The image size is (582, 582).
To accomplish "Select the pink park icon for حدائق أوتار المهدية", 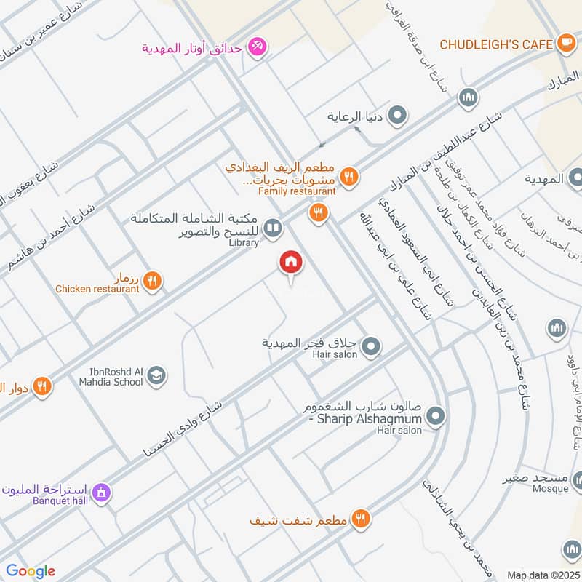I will [256, 49].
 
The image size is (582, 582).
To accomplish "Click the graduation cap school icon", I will [156, 376].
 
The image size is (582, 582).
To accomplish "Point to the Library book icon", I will [273, 230].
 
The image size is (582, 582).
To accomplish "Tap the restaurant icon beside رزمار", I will [152, 280].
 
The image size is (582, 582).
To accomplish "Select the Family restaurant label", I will [297, 191].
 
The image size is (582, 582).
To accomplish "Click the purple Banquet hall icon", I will [103, 493].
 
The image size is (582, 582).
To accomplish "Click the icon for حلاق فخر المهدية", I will [371, 346].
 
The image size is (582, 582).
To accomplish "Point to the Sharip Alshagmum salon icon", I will [436, 417].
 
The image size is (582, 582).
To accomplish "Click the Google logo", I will [30, 571].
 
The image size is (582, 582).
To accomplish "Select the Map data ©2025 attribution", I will [541, 575].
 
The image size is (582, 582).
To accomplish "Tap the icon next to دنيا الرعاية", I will [397, 116].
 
